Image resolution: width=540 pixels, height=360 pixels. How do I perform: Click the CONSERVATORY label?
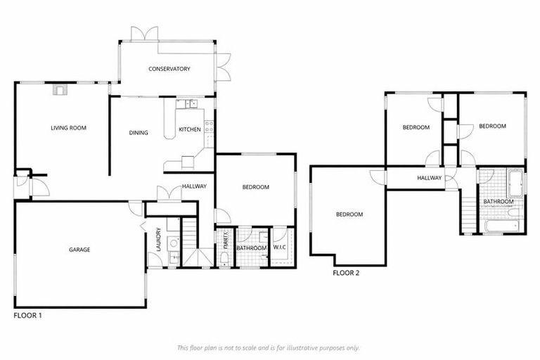pyautogui.click(x=169, y=69)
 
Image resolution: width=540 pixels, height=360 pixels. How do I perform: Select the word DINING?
pyautogui.click(x=139, y=132)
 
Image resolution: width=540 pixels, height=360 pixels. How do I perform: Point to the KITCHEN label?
pyautogui.click(x=190, y=129)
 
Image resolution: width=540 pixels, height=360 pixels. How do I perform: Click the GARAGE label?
pyautogui.click(x=79, y=250)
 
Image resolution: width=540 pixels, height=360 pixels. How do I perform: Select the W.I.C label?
pyautogui.click(x=280, y=247)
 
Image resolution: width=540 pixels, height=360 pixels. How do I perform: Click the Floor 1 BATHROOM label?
pyautogui.click(x=251, y=248)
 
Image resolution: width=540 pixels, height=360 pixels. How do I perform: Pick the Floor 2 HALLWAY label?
pyautogui.click(x=429, y=178)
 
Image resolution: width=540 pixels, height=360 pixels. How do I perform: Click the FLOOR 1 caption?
pyautogui.click(x=28, y=316)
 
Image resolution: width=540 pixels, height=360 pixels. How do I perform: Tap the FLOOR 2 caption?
pyautogui.click(x=346, y=273)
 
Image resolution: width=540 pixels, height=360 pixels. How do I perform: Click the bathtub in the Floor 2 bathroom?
pyautogui.click(x=501, y=226)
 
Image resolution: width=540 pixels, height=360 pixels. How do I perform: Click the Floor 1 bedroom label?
pyautogui.click(x=255, y=187)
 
